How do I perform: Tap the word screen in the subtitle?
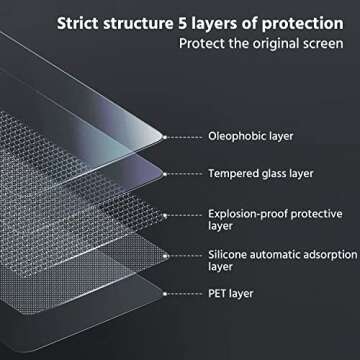click(322, 44)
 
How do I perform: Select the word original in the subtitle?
click(273, 44)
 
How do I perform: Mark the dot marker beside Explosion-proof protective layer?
click(199, 213)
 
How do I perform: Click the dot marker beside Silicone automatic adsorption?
click(199, 255)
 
